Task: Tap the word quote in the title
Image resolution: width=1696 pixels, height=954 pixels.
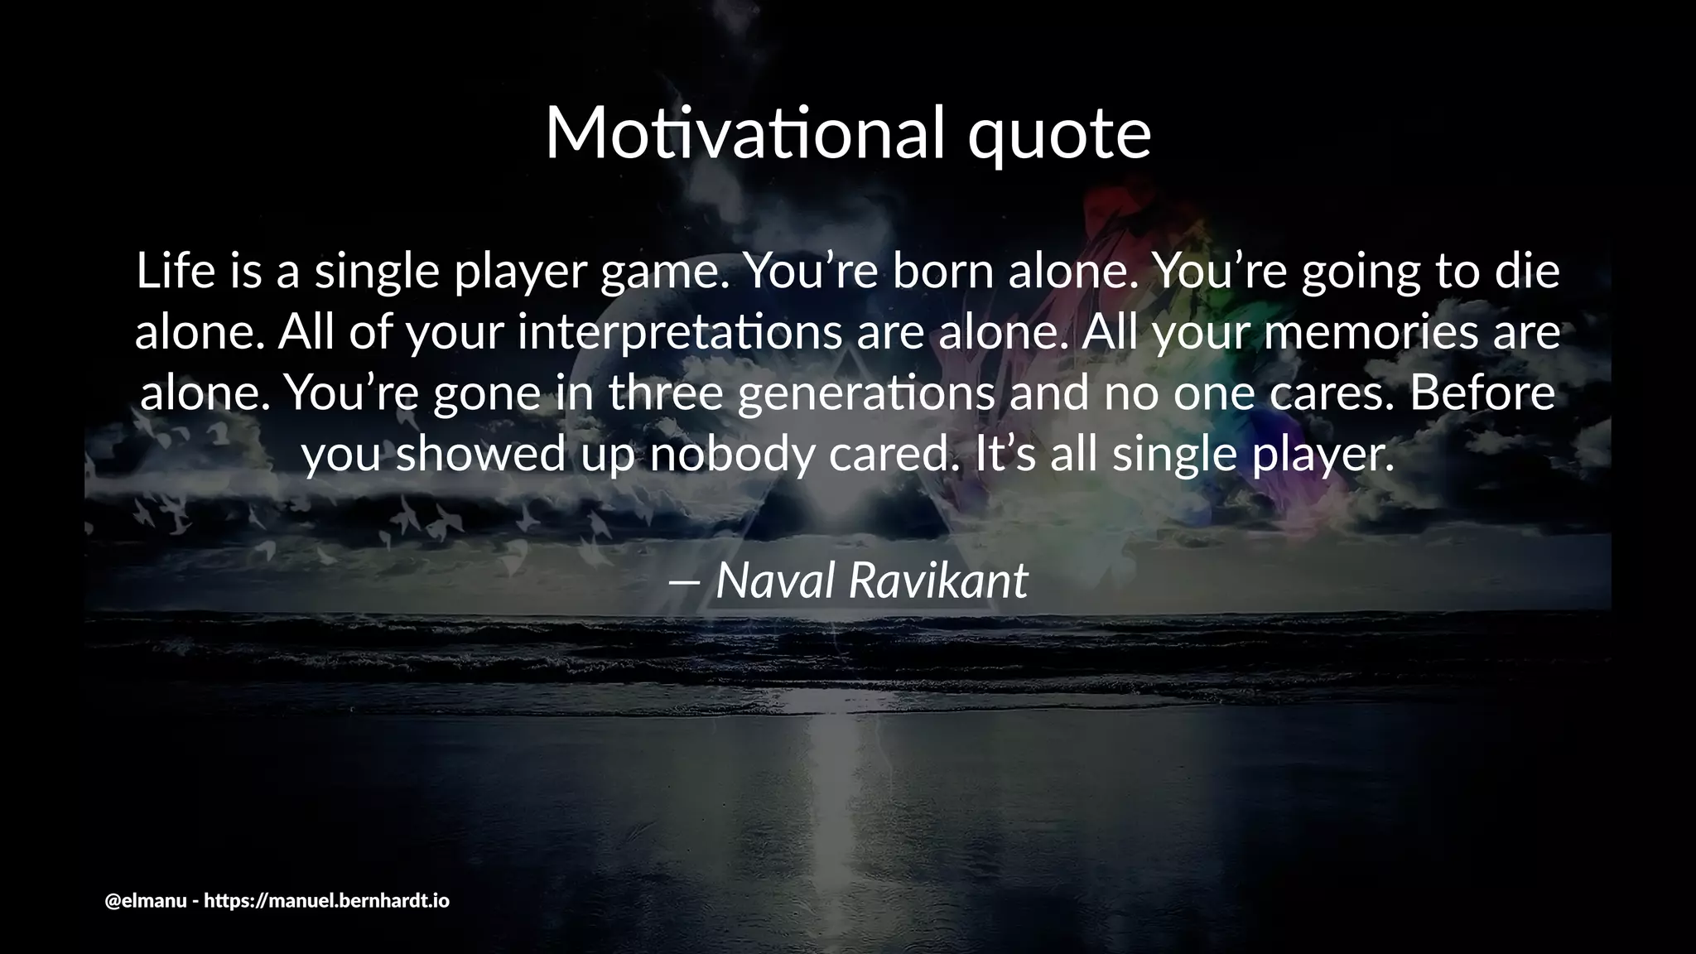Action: click(x=1059, y=137)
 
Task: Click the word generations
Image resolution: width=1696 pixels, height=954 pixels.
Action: click(x=865, y=395)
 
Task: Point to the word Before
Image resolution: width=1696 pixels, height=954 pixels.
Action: click(x=1482, y=393)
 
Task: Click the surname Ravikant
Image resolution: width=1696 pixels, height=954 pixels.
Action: click(x=938, y=581)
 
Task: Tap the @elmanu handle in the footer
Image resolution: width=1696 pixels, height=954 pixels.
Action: click(x=146, y=901)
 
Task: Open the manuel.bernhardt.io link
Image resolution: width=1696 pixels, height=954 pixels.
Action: click(x=326, y=901)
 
